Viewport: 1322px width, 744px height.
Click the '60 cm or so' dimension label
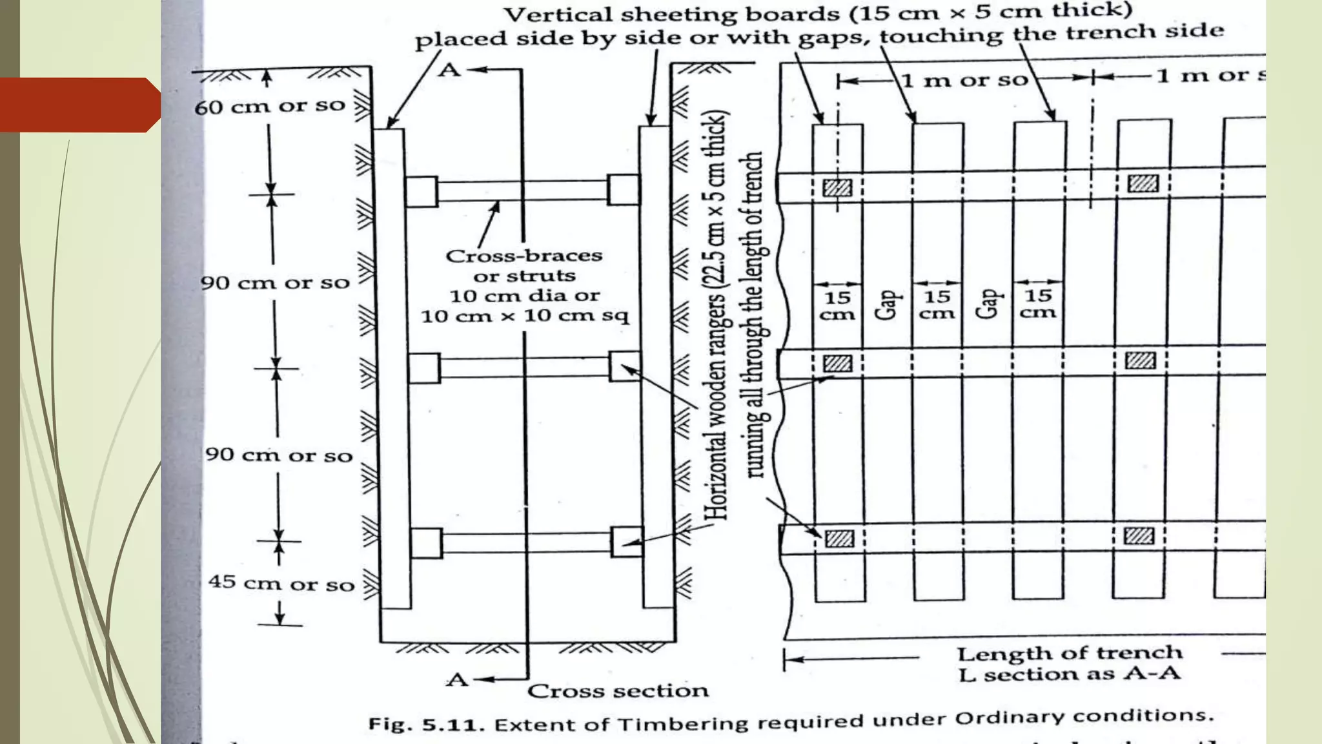pyautogui.click(x=270, y=106)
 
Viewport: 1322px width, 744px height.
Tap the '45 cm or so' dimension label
pyautogui.click(x=281, y=583)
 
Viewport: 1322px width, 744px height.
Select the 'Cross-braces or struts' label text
pyautogui.click(x=524, y=265)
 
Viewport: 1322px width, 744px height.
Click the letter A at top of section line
pyautogui.click(x=449, y=70)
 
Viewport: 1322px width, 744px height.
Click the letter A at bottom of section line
pyautogui.click(x=457, y=679)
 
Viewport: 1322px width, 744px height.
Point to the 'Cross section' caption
pyautogui.click(x=618, y=691)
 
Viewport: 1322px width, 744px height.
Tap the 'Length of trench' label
pyautogui.click(x=1069, y=654)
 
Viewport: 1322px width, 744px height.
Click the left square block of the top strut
pyautogui.click(x=422, y=192)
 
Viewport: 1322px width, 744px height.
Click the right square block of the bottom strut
pyautogui.click(x=627, y=541)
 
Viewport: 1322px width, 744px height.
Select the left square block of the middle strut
pyautogui.click(x=424, y=368)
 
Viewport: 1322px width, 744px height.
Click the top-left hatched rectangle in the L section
pyautogui.click(x=837, y=188)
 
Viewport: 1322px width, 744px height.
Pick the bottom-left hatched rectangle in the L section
pyautogui.click(x=839, y=538)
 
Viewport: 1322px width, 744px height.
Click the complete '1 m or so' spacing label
pyautogui.click(x=964, y=80)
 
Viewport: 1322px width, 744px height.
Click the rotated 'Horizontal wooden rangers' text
pyautogui.click(x=716, y=316)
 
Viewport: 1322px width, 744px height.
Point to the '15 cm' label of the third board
pyautogui.click(x=1038, y=304)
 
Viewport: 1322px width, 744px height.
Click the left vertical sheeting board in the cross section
pyautogui.click(x=392, y=368)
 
